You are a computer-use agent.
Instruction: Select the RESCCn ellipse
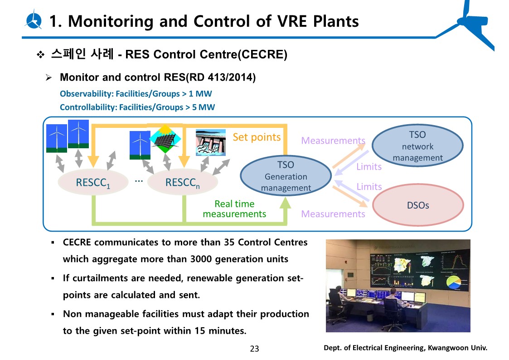point(183,182)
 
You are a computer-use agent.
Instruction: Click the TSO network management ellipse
point(417,146)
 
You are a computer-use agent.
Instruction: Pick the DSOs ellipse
point(418,205)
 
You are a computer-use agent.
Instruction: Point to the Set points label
point(257,137)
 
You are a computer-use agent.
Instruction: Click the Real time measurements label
point(234,209)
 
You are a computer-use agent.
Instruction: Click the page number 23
point(254,349)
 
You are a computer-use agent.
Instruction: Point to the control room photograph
point(398,286)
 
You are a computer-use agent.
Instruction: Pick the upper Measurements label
point(333,141)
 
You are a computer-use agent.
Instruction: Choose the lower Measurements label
point(333,214)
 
